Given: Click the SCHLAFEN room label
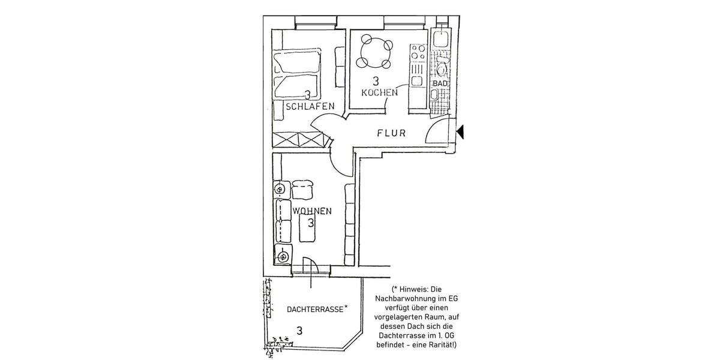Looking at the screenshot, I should click(310, 107).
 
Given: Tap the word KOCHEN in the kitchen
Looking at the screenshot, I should click(379, 92).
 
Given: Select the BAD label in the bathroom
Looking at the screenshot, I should click(440, 83).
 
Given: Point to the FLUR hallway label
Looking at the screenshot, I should click(392, 133).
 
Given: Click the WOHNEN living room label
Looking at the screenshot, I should click(312, 211).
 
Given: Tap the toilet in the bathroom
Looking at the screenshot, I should click(442, 62).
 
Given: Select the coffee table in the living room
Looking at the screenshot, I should click(307, 229).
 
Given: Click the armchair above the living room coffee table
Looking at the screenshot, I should click(304, 190).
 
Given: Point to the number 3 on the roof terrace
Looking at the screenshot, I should click(299, 329).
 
